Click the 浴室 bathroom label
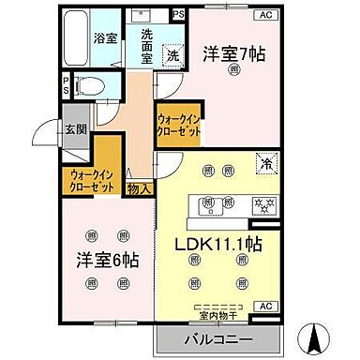point(104,39)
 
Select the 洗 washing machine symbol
point(174,55)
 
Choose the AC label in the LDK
point(264,307)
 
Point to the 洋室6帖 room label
point(102,258)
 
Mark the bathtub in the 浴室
point(75,37)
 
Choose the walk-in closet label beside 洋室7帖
point(179,126)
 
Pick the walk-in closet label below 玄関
point(92,181)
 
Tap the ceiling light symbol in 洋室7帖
point(233,69)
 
